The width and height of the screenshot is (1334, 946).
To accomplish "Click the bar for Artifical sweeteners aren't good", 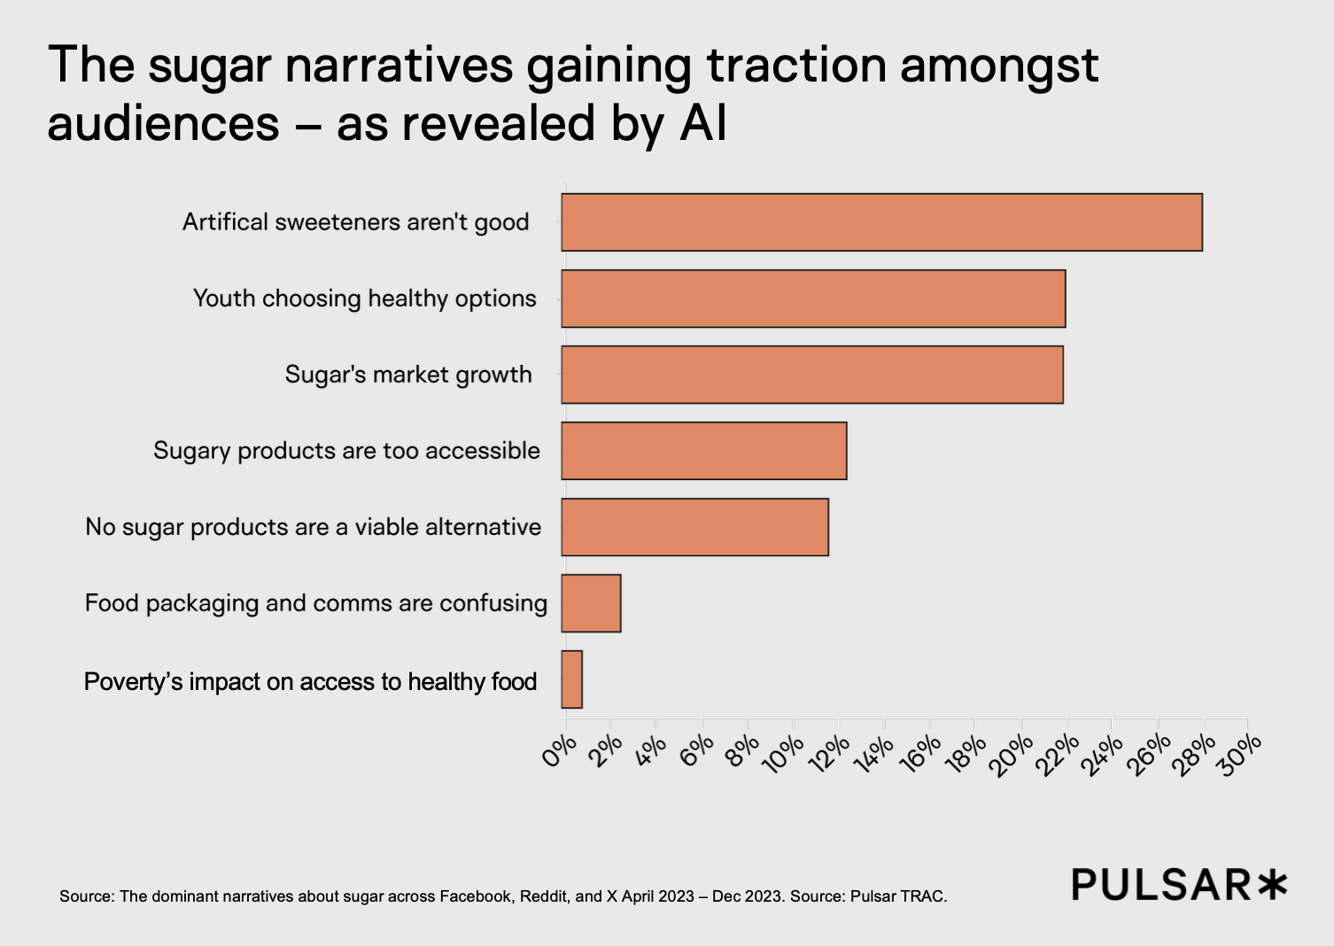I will (x=881, y=222).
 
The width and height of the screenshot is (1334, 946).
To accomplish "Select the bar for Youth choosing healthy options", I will (x=813, y=299).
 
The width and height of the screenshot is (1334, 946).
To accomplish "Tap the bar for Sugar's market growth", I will (x=812, y=375).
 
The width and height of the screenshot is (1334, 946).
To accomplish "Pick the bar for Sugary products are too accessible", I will (x=704, y=451).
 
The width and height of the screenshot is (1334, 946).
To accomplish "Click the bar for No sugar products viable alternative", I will (x=694, y=527).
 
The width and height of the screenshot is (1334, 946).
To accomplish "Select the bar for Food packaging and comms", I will (x=591, y=603).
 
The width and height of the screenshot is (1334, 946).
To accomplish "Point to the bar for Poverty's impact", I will (x=572, y=679).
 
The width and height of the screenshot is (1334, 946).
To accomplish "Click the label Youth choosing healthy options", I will (x=364, y=299).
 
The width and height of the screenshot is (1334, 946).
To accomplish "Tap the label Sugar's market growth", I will (x=408, y=375).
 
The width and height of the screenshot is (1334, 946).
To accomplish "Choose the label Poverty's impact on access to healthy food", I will (x=310, y=681).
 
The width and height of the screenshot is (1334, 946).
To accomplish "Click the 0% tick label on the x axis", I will (x=559, y=752).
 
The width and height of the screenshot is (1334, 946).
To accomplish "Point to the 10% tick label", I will (x=782, y=755).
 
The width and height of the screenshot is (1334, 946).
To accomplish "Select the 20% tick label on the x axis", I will (x=1011, y=755).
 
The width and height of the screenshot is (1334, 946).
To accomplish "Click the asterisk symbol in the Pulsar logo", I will (x=1272, y=884).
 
